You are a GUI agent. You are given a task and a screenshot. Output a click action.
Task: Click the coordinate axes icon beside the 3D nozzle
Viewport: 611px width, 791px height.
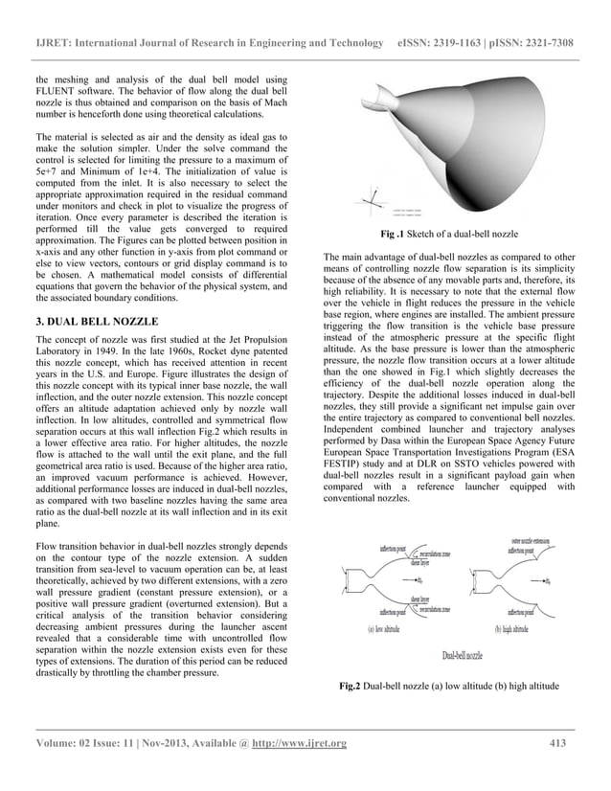374,200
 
